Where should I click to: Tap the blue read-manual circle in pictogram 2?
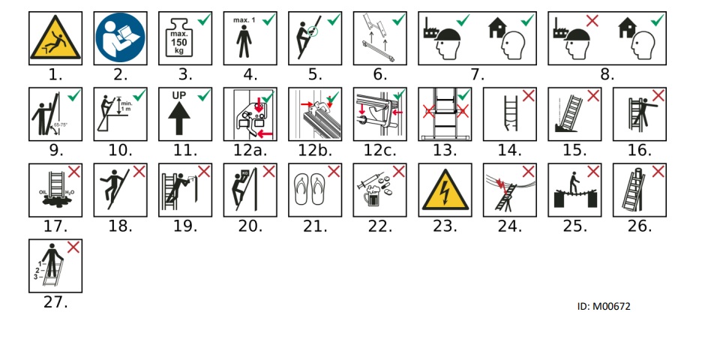[x=121, y=39]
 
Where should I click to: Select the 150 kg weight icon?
[x=181, y=43]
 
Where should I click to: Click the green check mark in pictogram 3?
[x=202, y=21]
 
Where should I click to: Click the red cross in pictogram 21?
[x=333, y=172]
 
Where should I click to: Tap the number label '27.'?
[x=55, y=302]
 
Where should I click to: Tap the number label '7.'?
[x=478, y=74]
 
